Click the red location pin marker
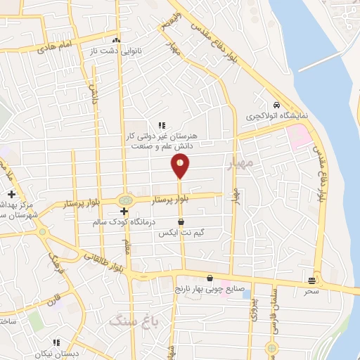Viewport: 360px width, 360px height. click(x=181, y=165)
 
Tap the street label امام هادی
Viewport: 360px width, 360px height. click(x=56, y=46)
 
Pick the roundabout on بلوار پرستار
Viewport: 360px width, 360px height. click(x=125, y=200)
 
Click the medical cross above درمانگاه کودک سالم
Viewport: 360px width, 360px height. click(x=124, y=211)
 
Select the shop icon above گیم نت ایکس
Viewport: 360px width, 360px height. click(x=181, y=221)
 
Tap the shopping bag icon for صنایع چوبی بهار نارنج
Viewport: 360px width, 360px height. click(x=210, y=278)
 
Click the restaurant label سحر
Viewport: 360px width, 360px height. click(x=311, y=290)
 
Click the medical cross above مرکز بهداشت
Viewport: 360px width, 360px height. click(x=11, y=194)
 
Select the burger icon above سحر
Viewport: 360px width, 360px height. click(x=311, y=281)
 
